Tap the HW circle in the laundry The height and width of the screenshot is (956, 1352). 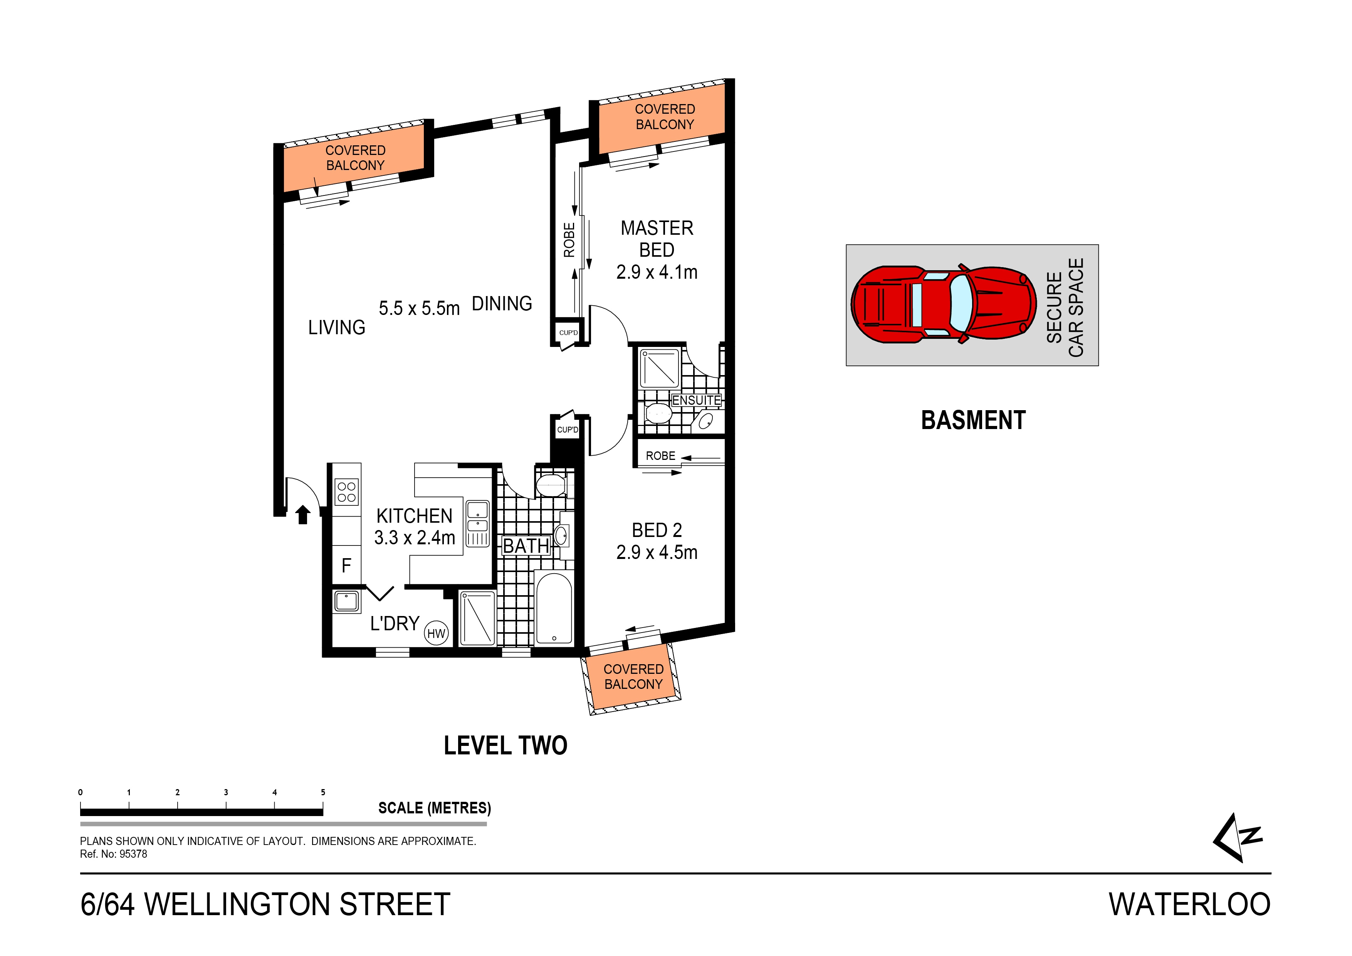436,634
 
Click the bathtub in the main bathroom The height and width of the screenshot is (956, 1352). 554,608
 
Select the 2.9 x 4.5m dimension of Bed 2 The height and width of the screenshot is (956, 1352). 657,552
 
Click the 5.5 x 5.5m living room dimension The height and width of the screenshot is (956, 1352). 419,308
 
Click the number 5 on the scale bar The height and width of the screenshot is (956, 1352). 323,792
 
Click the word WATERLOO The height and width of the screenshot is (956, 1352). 1189,905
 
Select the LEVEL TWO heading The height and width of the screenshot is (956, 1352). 505,746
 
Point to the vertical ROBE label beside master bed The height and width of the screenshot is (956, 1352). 569,240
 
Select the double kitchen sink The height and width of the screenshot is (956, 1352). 477,517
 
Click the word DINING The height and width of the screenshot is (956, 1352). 502,304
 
